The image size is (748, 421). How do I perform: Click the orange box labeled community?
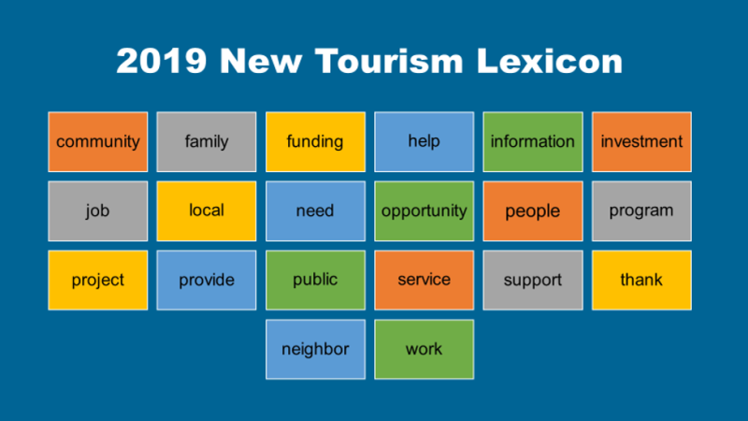pos(98,142)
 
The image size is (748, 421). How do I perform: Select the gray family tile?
pos(207,142)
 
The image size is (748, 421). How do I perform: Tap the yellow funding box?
pos(315,142)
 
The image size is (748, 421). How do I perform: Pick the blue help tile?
pos(424,142)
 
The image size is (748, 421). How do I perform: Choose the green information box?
pos(533,142)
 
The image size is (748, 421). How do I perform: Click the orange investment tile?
pos(641,142)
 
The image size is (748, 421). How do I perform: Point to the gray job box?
pos(98,211)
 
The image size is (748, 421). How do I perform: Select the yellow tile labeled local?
pos(207,211)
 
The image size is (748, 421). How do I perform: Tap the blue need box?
pos(315,211)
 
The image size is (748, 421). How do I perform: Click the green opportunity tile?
pos(424,211)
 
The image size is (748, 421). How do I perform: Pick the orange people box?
pos(533,211)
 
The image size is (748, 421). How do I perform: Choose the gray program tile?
pos(641,211)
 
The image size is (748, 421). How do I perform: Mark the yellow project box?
pos(98,280)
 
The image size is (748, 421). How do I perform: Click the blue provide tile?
pos(207,280)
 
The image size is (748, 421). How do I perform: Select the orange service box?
pos(424,280)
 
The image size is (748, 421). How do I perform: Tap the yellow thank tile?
pos(641,280)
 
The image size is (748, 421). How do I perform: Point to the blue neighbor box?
pos(315,349)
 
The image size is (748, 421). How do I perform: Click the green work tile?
pos(424,349)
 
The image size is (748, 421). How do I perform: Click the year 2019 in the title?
pos(162,61)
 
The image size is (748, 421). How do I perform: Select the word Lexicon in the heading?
pos(550,61)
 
